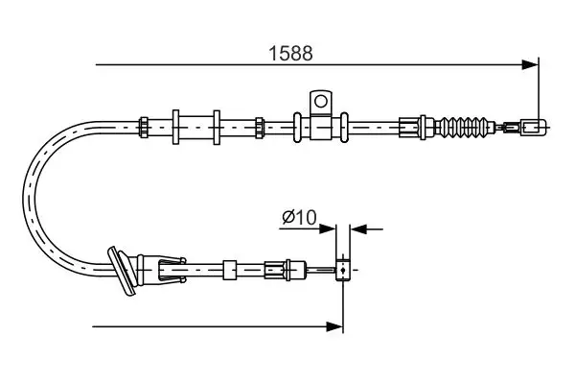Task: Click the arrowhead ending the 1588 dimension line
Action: pyautogui.click(x=531, y=65)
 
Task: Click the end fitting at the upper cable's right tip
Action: pyautogui.click(x=535, y=125)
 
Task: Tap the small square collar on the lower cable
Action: pyautogui.click(x=230, y=268)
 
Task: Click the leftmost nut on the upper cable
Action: pyautogui.click(x=143, y=125)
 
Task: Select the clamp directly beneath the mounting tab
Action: pyautogui.click(x=319, y=125)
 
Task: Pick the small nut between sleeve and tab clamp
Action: pyautogui.click(x=259, y=125)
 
